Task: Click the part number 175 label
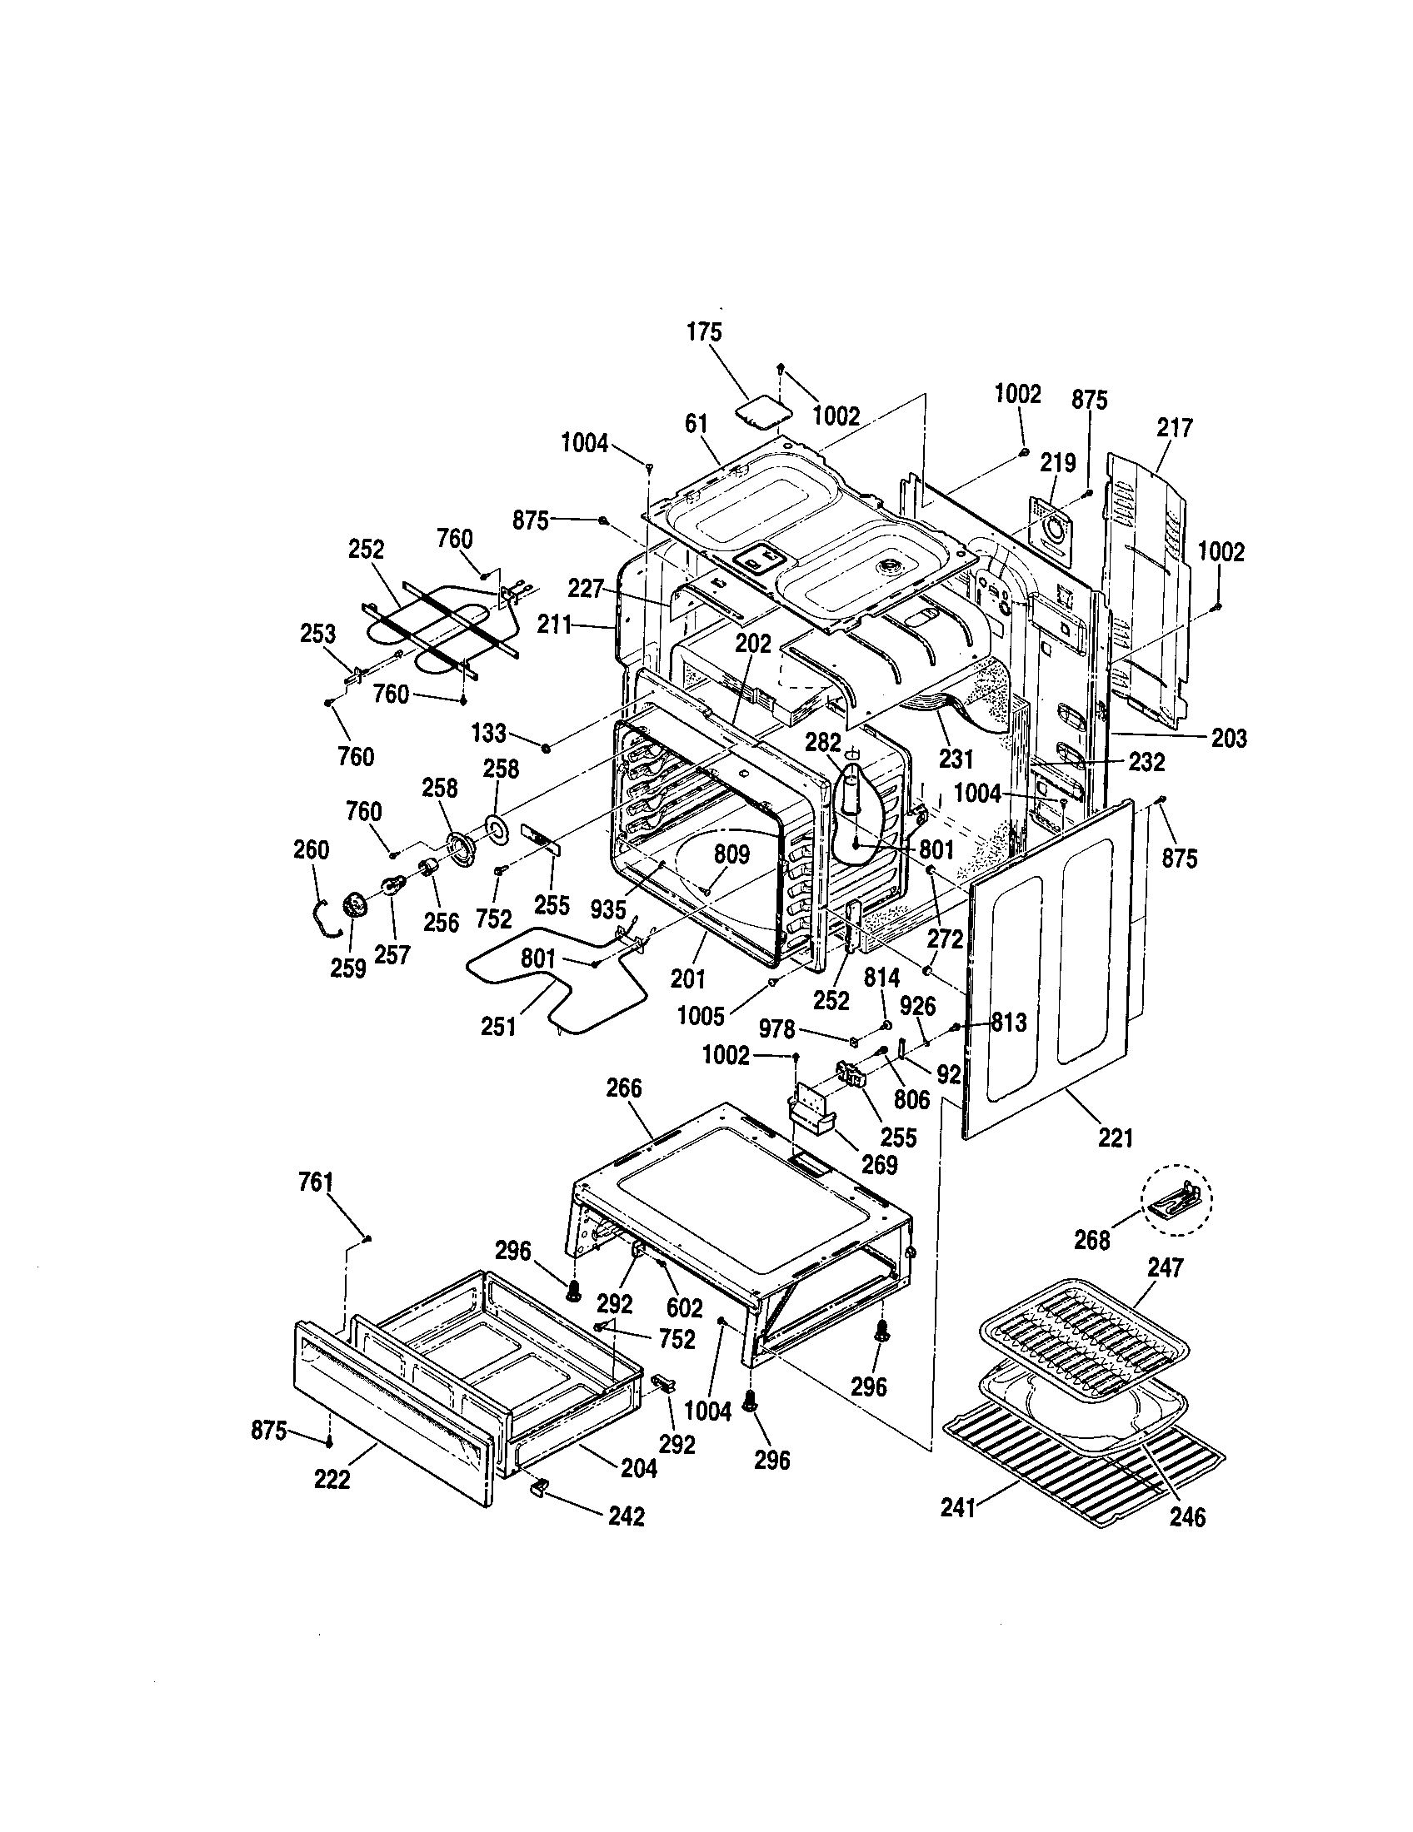click(x=704, y=332)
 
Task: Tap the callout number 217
click(x=1174, y=428)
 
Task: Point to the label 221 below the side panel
click(x=1115, y=1138)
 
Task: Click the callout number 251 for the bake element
click(x=498, y=1026)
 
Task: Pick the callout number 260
click(x=312, y=849)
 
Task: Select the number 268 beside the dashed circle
click(x=1091, y=1240)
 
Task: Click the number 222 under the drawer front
click(x=332, y=1481)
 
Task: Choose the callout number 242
click(x=626, y=1516)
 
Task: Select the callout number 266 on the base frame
click(x=623, y=1088)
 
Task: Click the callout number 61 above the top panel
click(x=696, y=424)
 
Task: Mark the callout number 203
click(x=1229, y=738)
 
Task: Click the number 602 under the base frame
click(x=684, y=1309)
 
